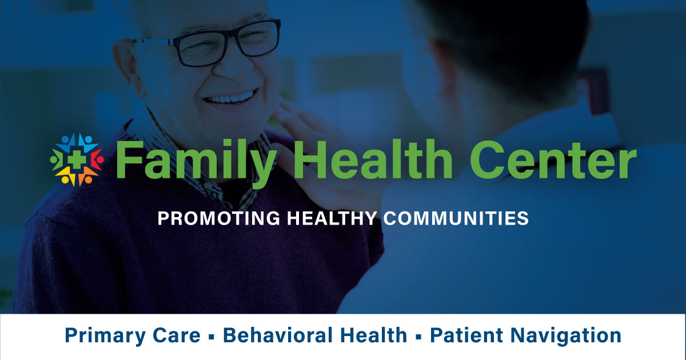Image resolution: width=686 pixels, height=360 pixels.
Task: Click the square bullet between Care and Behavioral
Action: click(212, 337)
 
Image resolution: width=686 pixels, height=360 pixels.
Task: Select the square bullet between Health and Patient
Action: click(418, 337)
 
